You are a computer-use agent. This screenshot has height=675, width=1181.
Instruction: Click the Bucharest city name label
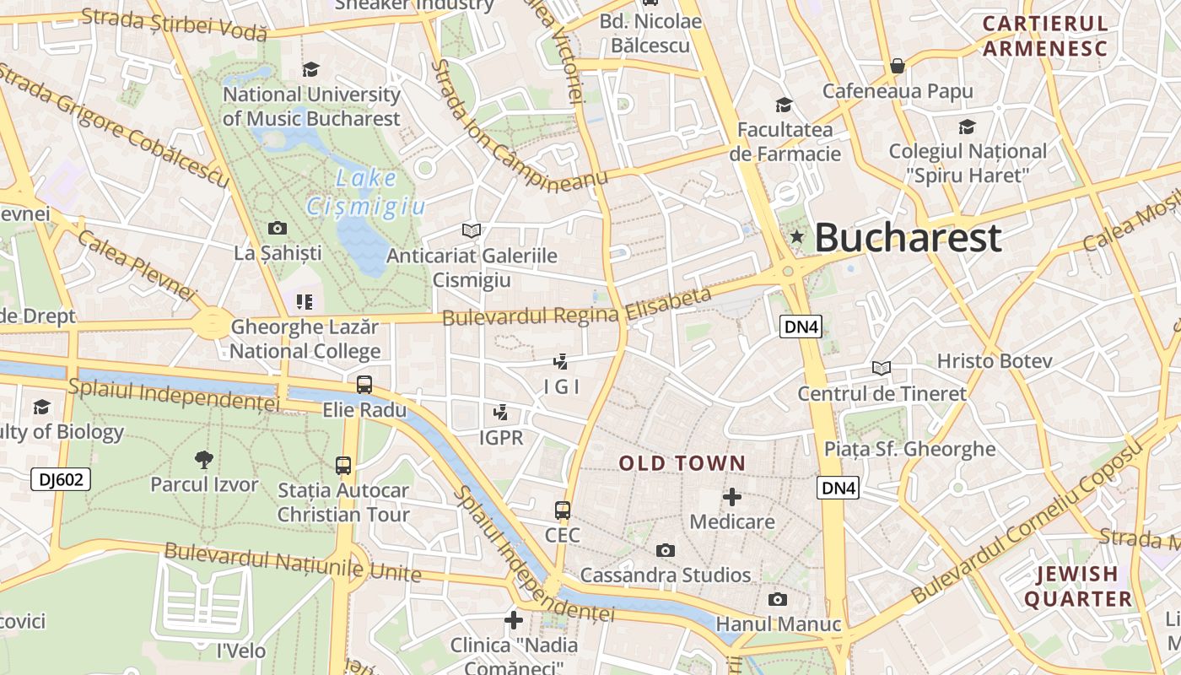click(x=908, y=238)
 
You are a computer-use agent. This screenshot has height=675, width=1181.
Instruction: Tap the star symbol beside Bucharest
click(x=796, y=238)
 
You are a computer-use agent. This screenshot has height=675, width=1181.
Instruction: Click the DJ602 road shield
click(x=61, y=480)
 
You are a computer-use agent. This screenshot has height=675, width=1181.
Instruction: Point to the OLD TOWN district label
click(x=682, y=463)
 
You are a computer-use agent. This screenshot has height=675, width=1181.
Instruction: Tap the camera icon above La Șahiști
click(x=277, y=228)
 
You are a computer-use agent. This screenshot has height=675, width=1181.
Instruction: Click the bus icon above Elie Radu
click(x=364, y=385)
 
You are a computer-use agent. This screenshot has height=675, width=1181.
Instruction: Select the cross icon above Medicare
click(x=732, y=497)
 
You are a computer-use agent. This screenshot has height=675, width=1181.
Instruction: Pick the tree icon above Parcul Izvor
click(x=203, y=460)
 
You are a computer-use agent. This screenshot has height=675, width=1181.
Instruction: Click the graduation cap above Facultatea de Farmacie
click(x=784, y=105)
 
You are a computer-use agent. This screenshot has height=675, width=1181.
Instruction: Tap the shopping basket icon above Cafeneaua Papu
click(x=898, y=66)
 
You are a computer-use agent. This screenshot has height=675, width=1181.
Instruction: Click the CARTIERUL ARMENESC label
click(x=1044, y=36)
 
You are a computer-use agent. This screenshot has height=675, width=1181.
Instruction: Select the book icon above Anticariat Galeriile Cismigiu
click(x=472, y=230)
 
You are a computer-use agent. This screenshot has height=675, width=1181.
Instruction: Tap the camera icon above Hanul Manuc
click(x=778, y=600)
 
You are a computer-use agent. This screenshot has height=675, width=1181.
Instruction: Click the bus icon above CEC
click(x=563, y=510)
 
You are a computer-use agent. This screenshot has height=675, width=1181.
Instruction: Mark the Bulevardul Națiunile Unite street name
click(x=293, y=563)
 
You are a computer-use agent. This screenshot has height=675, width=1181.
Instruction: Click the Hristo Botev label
click(x=995, y=361)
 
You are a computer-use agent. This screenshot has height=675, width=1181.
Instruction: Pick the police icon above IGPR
click(x=501, y=413)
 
